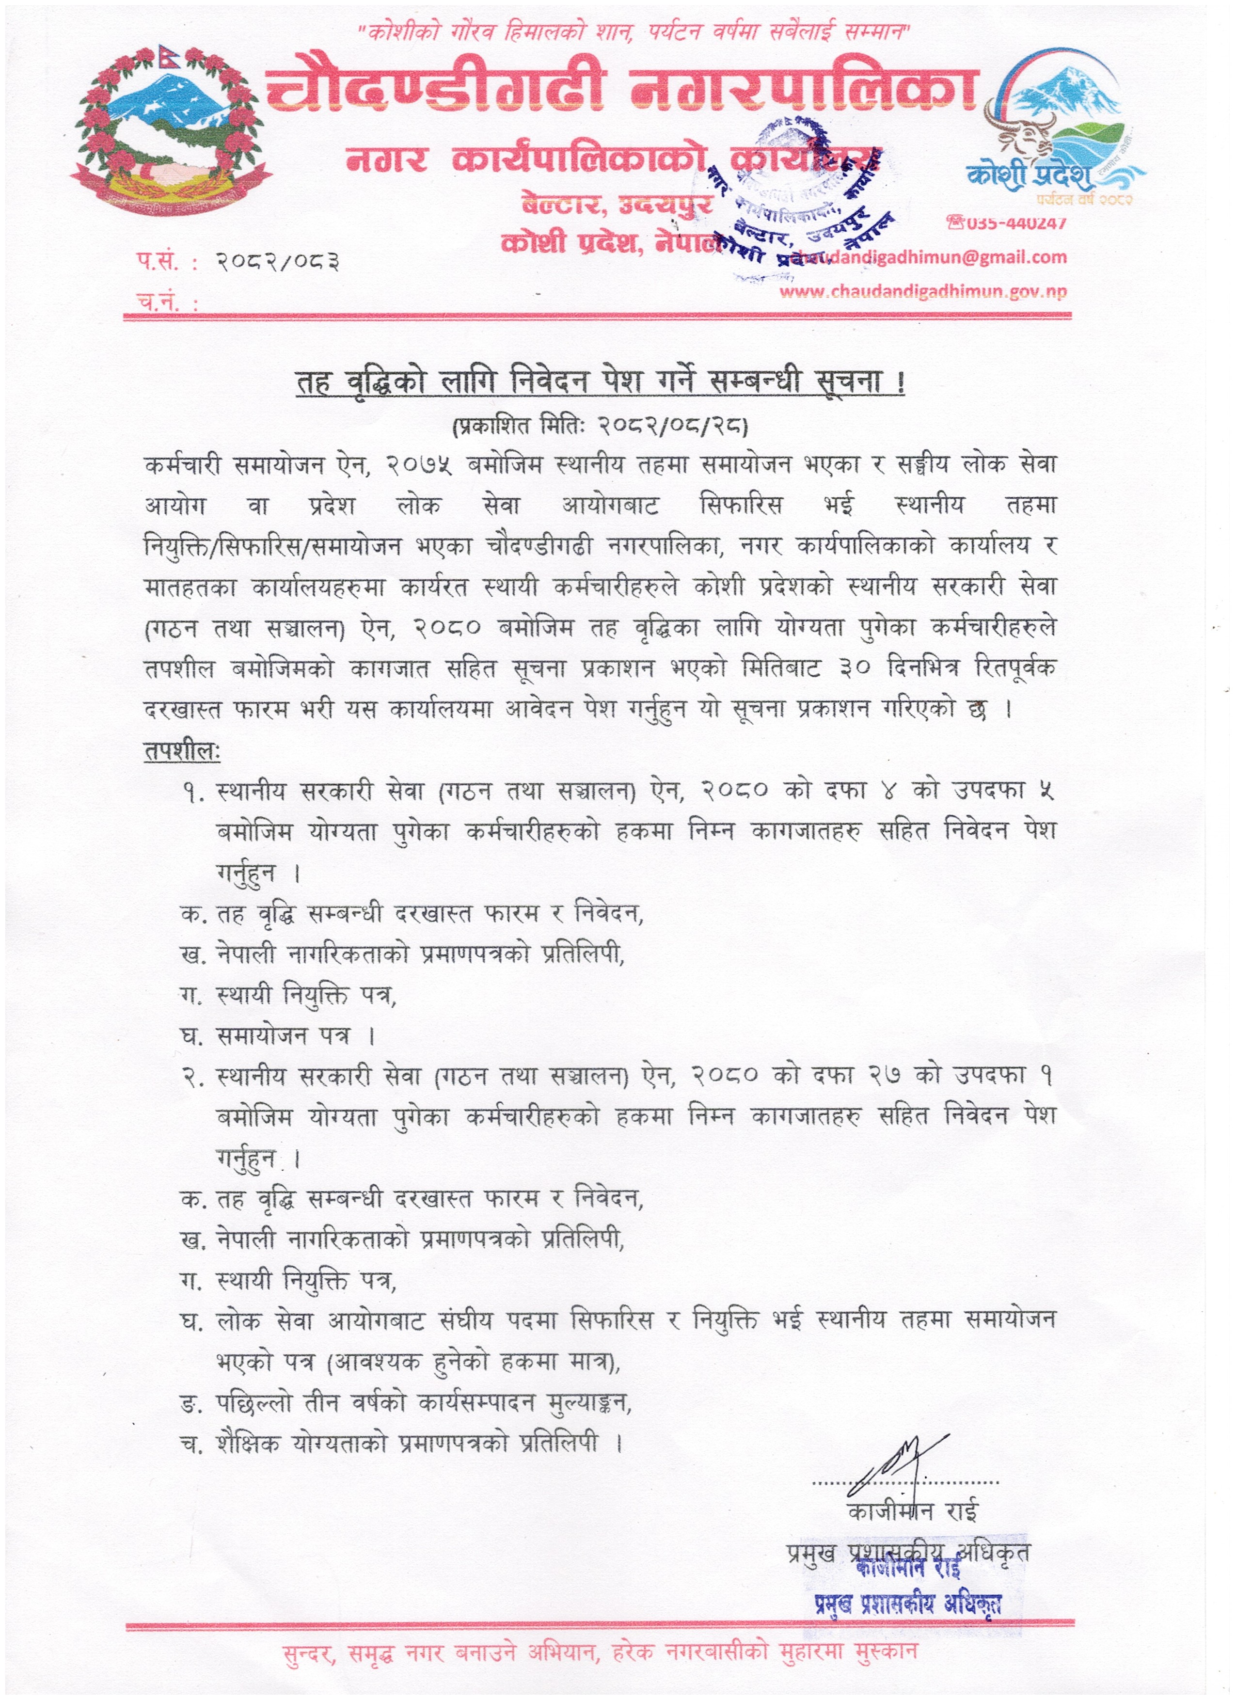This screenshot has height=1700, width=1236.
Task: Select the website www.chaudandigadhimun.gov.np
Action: click(923, 292)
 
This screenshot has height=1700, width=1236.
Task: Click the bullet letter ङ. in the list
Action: click(191, 1403)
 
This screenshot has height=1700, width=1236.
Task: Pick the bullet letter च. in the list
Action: click(191, 1445)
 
